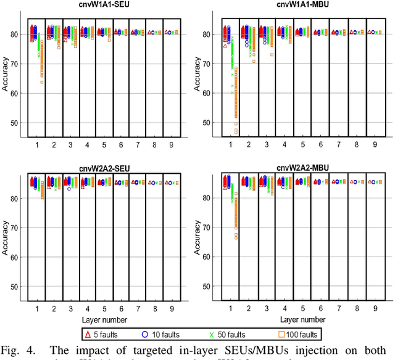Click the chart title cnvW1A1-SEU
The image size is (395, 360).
pos(107,6)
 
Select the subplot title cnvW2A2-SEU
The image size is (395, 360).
pos(107,167)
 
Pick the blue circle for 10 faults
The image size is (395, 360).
pos(143,334)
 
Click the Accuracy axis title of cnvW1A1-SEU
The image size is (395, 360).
pos(6,78)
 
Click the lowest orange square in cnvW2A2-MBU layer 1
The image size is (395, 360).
pos(235,237)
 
